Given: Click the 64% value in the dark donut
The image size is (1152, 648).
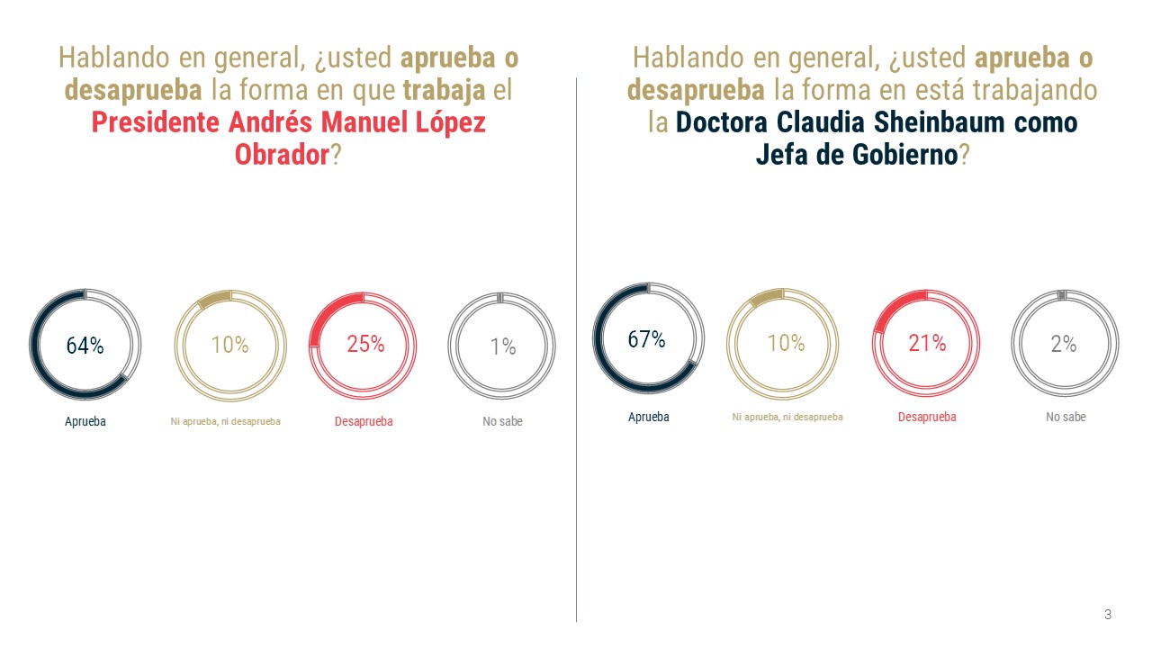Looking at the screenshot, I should [85, 346].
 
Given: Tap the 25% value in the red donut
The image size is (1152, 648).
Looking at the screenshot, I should [365, 344].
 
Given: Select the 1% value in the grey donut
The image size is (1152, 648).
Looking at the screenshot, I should [502, 346].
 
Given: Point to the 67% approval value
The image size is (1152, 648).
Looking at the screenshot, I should [646, 340].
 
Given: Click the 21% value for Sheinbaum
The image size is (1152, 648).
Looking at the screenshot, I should [927, 343].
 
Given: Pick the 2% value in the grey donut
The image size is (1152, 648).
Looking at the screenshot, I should [1064, 344].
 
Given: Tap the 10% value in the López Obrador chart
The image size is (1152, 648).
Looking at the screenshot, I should [229, 345].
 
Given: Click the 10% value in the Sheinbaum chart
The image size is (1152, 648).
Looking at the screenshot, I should [786, 343].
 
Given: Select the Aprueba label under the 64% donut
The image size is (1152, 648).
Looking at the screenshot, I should [85, 421].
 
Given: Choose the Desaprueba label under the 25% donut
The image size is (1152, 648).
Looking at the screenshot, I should [364, 421].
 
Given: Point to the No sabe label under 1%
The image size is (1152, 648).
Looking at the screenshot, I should [502, 421].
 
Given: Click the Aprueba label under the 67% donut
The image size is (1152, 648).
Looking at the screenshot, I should [649, 417].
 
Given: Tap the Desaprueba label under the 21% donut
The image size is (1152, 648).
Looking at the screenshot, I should [927, 417].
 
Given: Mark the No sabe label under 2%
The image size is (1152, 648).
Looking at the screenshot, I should [1066, 417].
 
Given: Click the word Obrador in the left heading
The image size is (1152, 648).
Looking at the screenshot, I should [282, 155].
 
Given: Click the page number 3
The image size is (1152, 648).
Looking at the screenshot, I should [1108, 615].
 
